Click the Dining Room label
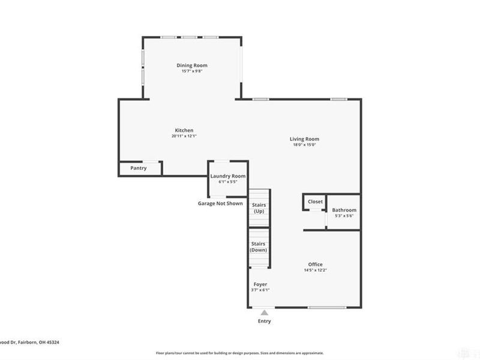coord(192,65)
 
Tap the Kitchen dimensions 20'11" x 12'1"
coord(184,136)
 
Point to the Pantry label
coord(139,168)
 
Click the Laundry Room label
coord(227,176)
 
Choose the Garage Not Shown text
coord(220,203)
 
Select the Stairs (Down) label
coord(259,247)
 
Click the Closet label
coord(315,202)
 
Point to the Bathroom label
coord(344,210)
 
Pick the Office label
coord(316,265)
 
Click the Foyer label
coord(260,284)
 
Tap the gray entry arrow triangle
coord(264,312)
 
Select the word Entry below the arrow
coord(264,321)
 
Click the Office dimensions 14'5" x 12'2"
coord(316,270)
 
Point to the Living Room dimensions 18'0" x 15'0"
coord(305,145)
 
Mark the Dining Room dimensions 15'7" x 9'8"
coord(192,71)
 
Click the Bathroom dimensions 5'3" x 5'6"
coord(344,216)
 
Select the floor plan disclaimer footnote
coord(240,353)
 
